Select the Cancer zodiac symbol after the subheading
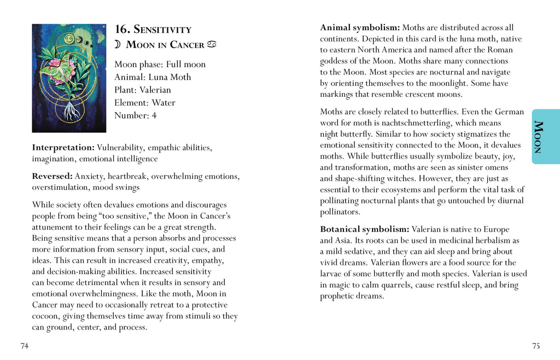pos(212,44)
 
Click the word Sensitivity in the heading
pos(162,30)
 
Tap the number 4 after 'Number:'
pos(154,115)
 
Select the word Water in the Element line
pos(164,103)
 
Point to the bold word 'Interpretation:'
pos(63,148)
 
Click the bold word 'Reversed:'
pos(52,176)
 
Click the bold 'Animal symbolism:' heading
pos(360,28)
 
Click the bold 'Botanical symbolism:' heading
pos(364,229)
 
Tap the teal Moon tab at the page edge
pos(545,136)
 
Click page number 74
pos(24,346)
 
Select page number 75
pos(536,346)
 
